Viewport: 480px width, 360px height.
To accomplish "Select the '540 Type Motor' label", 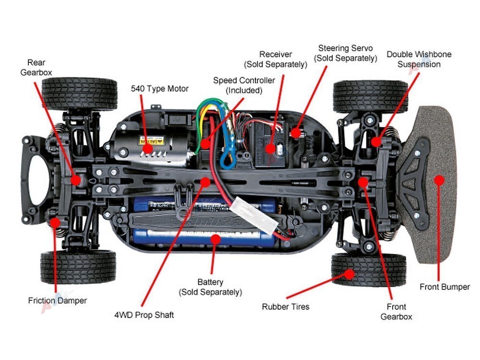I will [160, 89].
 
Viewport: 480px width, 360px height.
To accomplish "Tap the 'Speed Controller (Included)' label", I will [244, 85].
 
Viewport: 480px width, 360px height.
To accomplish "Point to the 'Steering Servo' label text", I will [345, 53].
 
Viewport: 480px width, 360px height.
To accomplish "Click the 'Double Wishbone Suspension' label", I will [419, 59].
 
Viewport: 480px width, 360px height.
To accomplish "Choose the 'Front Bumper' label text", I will [444, 287].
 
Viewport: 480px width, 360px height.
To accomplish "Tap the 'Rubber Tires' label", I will [286, 306].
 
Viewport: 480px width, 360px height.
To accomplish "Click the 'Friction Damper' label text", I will [58, 300].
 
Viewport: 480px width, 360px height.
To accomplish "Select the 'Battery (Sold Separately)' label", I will [210, 287].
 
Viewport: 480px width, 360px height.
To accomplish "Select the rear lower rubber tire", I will [79, 267].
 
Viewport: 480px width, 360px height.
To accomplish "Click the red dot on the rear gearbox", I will [75, 180].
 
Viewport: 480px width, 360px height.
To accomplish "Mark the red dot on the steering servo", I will [298, 131].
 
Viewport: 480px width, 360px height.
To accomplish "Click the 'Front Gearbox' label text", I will [396, 312].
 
